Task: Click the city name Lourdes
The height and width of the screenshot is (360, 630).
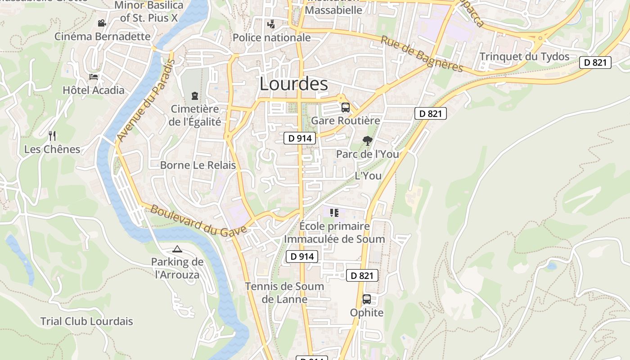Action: (293, 84)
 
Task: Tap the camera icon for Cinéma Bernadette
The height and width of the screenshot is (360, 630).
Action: (102, 23)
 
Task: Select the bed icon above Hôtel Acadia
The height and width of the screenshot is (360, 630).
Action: (94, 76)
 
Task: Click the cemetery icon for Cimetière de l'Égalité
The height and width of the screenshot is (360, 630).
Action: (194, 95)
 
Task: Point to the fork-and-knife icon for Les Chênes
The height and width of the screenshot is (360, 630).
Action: (52, 135)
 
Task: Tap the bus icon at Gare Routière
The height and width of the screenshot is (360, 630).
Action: (345, 108)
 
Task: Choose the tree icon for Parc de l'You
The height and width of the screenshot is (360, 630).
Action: (367, 141)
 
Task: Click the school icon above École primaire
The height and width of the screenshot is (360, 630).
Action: (334, 212)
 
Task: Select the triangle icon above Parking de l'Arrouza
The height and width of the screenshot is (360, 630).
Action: (177, 249)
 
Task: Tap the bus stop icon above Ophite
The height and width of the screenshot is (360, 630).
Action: (367, 299)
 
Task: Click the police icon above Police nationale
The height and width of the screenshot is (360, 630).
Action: (271, 24)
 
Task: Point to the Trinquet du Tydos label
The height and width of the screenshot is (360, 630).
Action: (524, 57)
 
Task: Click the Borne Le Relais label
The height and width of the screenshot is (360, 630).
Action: (198, 165)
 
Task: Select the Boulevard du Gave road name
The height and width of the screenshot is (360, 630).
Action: (198, 221)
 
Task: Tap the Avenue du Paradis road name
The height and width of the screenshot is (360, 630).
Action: (145, 100)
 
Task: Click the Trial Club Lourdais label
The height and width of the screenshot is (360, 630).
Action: (87, 321)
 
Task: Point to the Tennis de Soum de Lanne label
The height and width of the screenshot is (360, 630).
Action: (284, 292)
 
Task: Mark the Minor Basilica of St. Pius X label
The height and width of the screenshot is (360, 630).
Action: (149, 12)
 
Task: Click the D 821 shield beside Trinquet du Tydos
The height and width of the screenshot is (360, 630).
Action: (595, 63)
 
